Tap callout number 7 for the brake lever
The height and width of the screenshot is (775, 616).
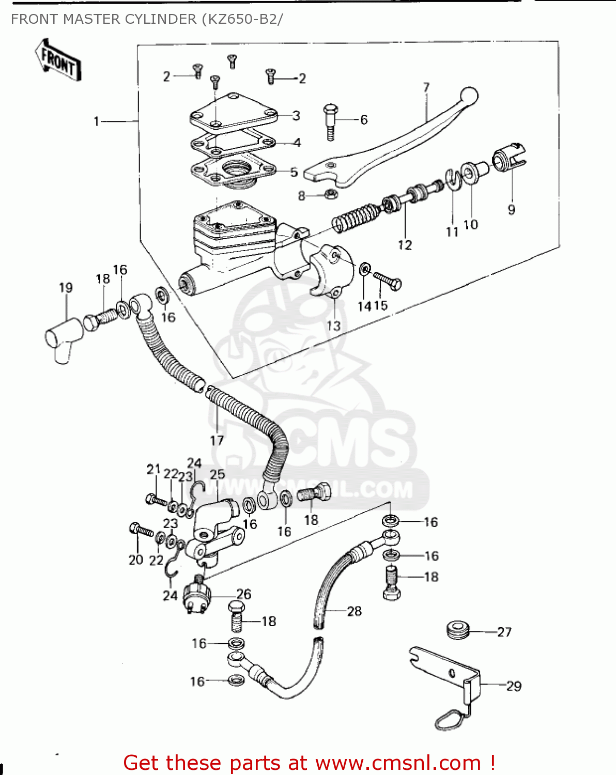tap(426, 87)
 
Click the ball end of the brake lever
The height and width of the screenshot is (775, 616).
tap(469, 96)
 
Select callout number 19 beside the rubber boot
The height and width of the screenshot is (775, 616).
tap(66, 288)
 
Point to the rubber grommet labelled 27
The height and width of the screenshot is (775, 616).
tap(457, 630)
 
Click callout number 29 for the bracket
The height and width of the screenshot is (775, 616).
tap(513, 686)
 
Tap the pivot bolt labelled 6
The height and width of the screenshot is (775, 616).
tap(330, 122)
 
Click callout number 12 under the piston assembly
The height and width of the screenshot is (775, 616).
tap(405, 245)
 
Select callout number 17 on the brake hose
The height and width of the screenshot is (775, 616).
tap(217, 440)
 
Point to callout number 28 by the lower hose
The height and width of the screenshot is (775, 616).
tap(355, 611)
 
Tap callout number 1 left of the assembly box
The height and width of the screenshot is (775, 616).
tap(97, 121)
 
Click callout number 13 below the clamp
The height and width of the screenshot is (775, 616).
tap(334, 326)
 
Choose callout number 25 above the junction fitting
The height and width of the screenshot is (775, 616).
tap(218, 474)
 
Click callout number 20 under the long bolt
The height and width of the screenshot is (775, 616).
tap(135, 560)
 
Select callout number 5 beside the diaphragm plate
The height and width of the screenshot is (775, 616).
tap(294, 172)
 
